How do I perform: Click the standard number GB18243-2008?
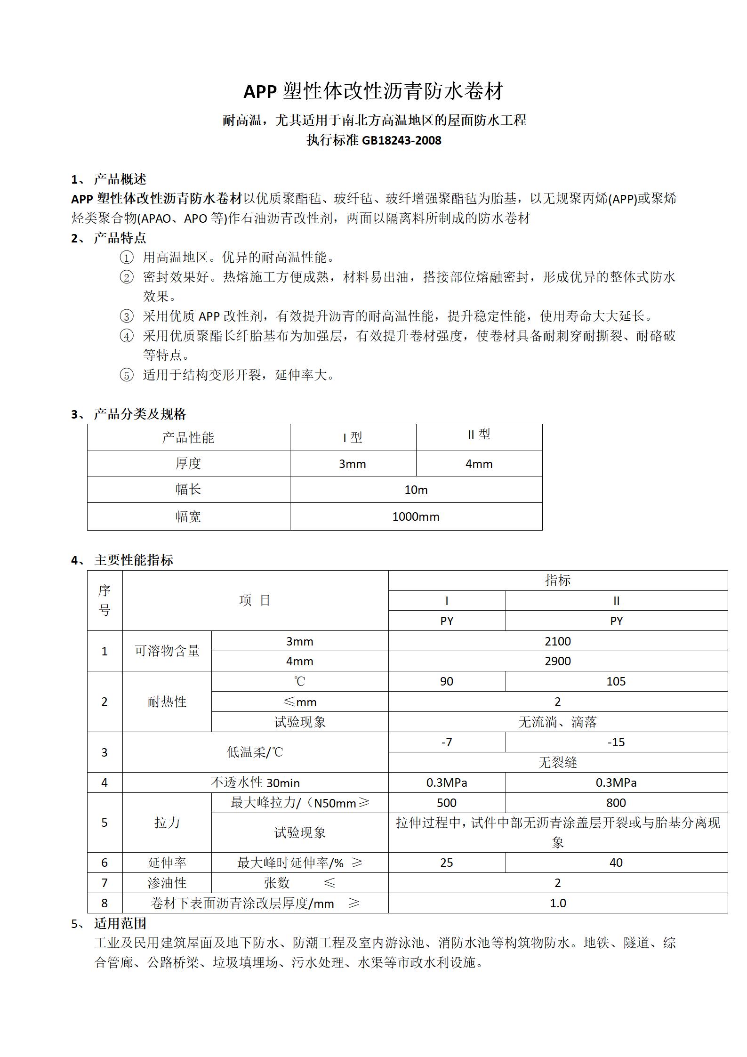point(401,140)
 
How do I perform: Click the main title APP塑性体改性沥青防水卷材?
point(373,91)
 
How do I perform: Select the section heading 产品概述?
point(120,179)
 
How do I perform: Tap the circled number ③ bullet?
point(127,316)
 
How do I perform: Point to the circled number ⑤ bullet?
point(127,375)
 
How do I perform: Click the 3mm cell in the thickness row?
point(353,464)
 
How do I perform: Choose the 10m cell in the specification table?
point(416,490)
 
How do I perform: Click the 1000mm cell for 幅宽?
point(416,516)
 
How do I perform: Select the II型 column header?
point(479,435)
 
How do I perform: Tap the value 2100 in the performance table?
point(558,641)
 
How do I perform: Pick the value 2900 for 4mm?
point(558,661)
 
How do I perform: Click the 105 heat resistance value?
point(616,681)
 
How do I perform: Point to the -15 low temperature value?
point(616,742)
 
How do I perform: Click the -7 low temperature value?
point(447,742)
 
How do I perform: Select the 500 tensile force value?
point(447,803)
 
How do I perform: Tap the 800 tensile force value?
point(616,803)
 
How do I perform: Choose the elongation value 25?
point(447,863)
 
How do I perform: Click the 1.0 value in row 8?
point(558,903)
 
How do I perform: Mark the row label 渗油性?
point(167,883)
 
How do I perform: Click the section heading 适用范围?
point(120,923)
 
